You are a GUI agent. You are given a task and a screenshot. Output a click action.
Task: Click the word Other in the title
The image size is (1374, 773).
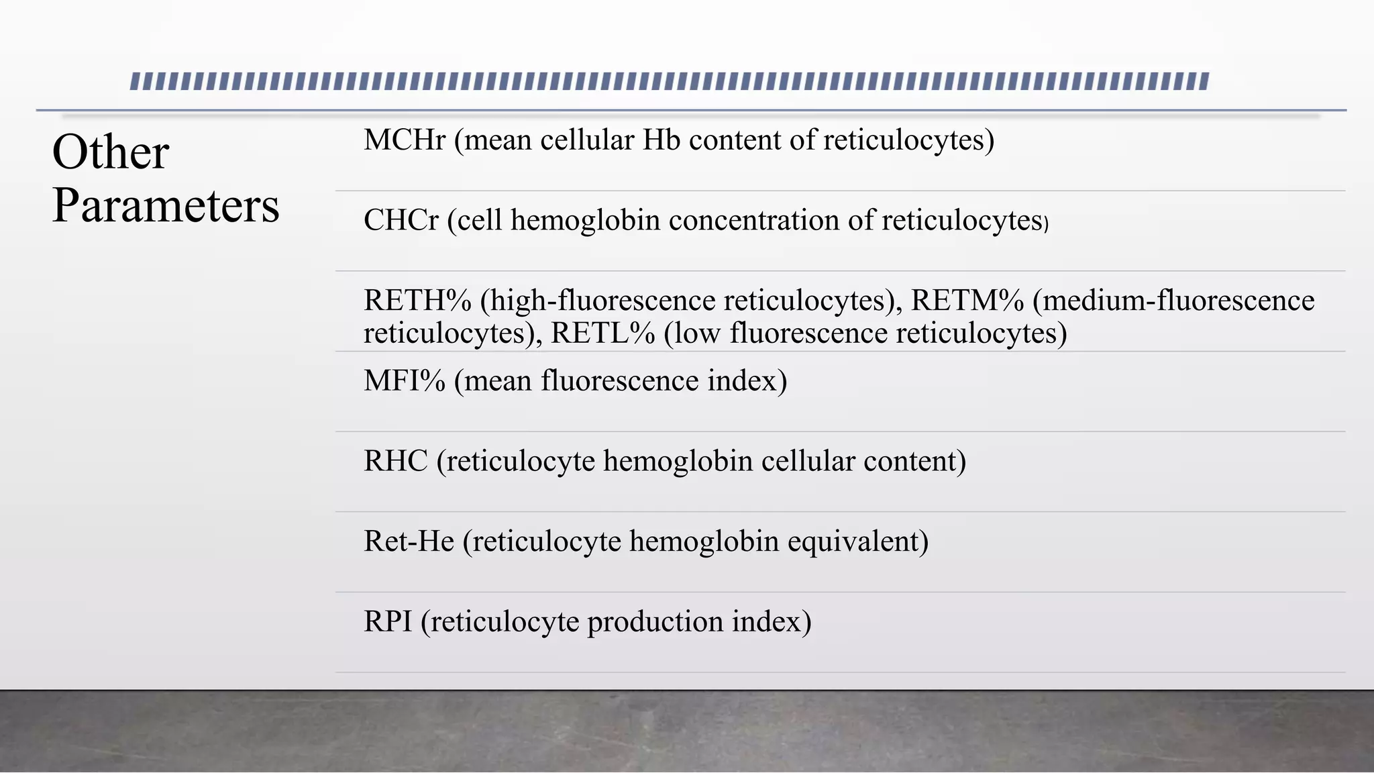click(111, 152)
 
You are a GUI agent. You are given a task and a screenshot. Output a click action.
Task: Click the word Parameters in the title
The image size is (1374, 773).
click(166, 205)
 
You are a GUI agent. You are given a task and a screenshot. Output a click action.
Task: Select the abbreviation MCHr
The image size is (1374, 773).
click(405, 140)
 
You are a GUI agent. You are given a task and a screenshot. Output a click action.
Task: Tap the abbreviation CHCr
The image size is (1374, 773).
click(401, 220)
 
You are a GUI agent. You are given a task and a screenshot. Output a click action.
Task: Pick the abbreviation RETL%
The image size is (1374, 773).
click(602, 333)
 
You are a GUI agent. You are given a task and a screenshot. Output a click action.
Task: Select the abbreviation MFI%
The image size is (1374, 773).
click(405, 380)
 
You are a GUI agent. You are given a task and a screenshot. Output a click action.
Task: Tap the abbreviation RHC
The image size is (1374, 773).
click(396, 461)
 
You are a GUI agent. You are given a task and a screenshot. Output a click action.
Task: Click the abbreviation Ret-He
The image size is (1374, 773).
click(409, 542)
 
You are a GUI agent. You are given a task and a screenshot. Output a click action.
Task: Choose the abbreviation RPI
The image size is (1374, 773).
click(388, 621)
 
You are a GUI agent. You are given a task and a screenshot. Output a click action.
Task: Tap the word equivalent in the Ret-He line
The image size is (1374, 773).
click(855, 542)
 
